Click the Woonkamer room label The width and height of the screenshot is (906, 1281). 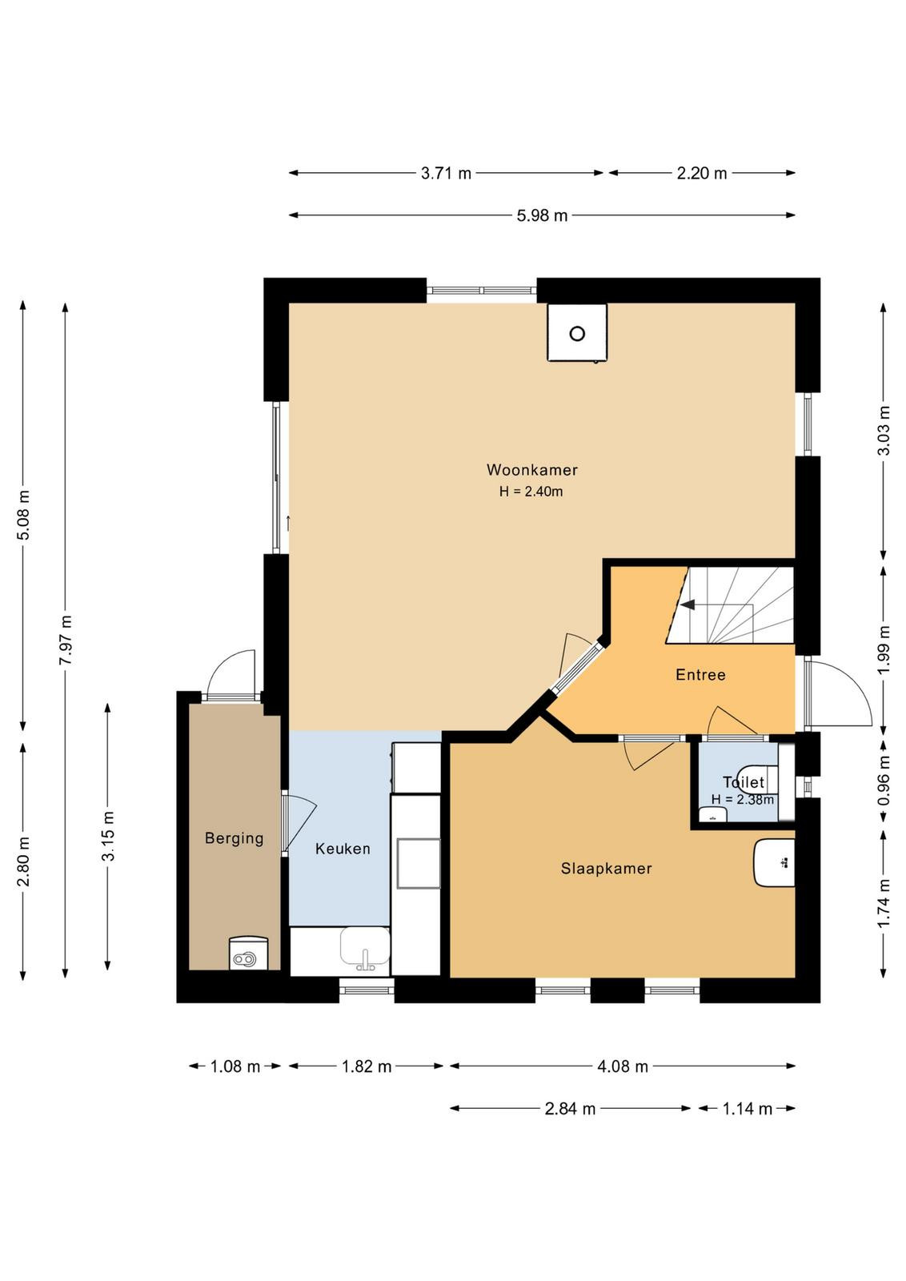531,470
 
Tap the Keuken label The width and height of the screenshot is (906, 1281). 343,849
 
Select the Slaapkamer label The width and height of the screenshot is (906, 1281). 606,869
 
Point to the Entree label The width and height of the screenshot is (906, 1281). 700,675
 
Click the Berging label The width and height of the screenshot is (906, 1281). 235,838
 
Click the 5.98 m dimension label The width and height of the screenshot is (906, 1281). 542,215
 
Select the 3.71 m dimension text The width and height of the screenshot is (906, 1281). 446,173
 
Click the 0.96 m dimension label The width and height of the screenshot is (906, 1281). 884,781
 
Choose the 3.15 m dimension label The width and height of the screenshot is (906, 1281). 108,836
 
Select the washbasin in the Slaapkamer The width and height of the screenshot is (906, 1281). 775,863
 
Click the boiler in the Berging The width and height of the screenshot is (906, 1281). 248,954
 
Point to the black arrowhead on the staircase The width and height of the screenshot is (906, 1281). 687,604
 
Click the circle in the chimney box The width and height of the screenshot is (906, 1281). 577,333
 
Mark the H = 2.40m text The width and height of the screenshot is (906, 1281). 531,492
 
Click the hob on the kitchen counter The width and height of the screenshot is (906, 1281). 419,863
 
